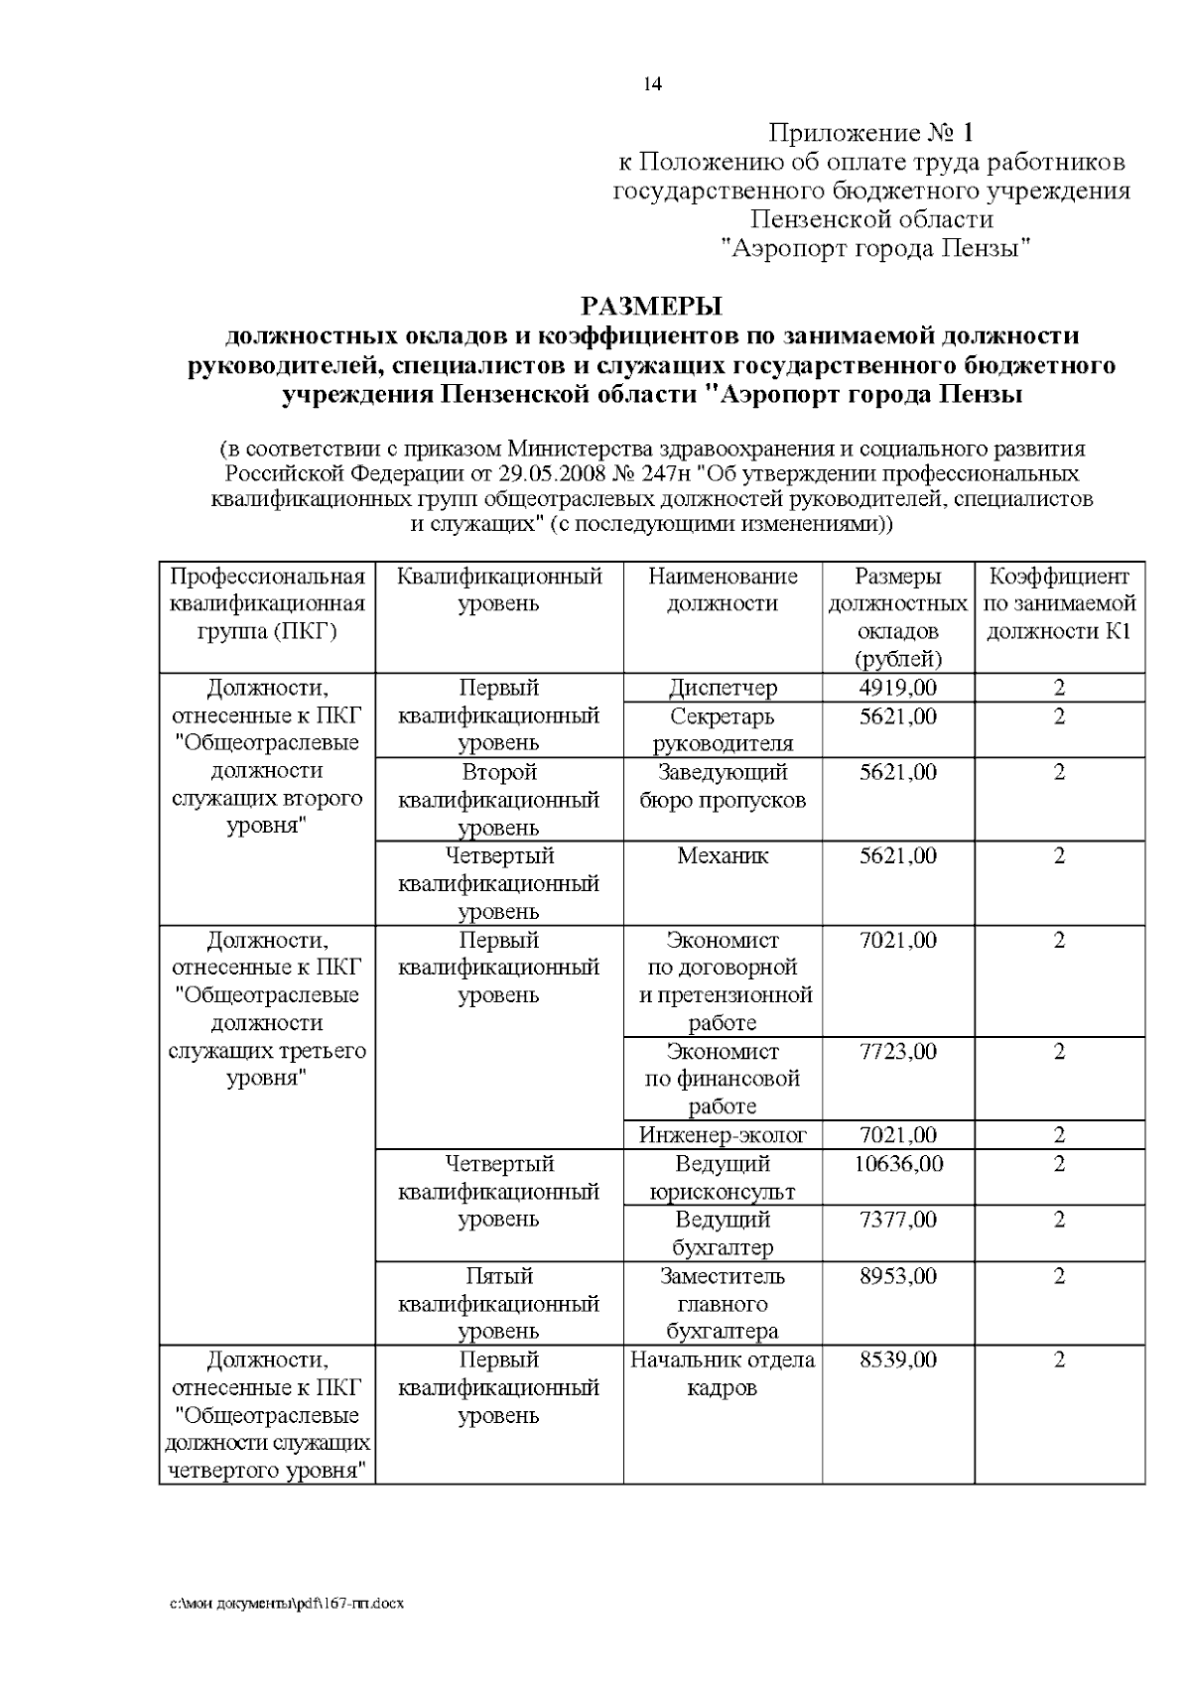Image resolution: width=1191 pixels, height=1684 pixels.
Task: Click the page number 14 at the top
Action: pos(652,84)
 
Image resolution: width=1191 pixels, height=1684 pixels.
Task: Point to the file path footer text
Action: pos(288,1603)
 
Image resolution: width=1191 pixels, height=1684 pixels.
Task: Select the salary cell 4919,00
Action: pos(897,688)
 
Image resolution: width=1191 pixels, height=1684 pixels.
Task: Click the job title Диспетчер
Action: pos(723,688)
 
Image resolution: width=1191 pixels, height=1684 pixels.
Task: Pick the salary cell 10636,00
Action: pos(897,1163)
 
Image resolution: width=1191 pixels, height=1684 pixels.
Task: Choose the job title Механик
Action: pos(723,855)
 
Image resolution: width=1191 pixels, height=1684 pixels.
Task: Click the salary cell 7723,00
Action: pos(897,1051)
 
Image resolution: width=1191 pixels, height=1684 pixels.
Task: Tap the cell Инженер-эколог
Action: pos(723,1135)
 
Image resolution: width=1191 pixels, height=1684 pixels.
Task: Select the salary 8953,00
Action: pos(897,1275)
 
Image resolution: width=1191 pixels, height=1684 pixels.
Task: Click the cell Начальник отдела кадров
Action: pos(723,1373)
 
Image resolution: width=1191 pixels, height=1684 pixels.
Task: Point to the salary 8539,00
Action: pos(897,1360)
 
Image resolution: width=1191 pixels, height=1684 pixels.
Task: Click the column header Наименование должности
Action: pos(723,590)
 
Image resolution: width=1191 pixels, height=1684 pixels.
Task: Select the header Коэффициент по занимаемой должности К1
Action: pos(1059,603)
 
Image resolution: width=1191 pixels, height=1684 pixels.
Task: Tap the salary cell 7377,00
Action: pos(897,1220)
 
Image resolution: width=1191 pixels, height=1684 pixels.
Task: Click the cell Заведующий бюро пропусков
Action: pos(723,785)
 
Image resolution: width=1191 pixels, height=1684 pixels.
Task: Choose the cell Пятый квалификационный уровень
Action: pos(499,1303)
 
